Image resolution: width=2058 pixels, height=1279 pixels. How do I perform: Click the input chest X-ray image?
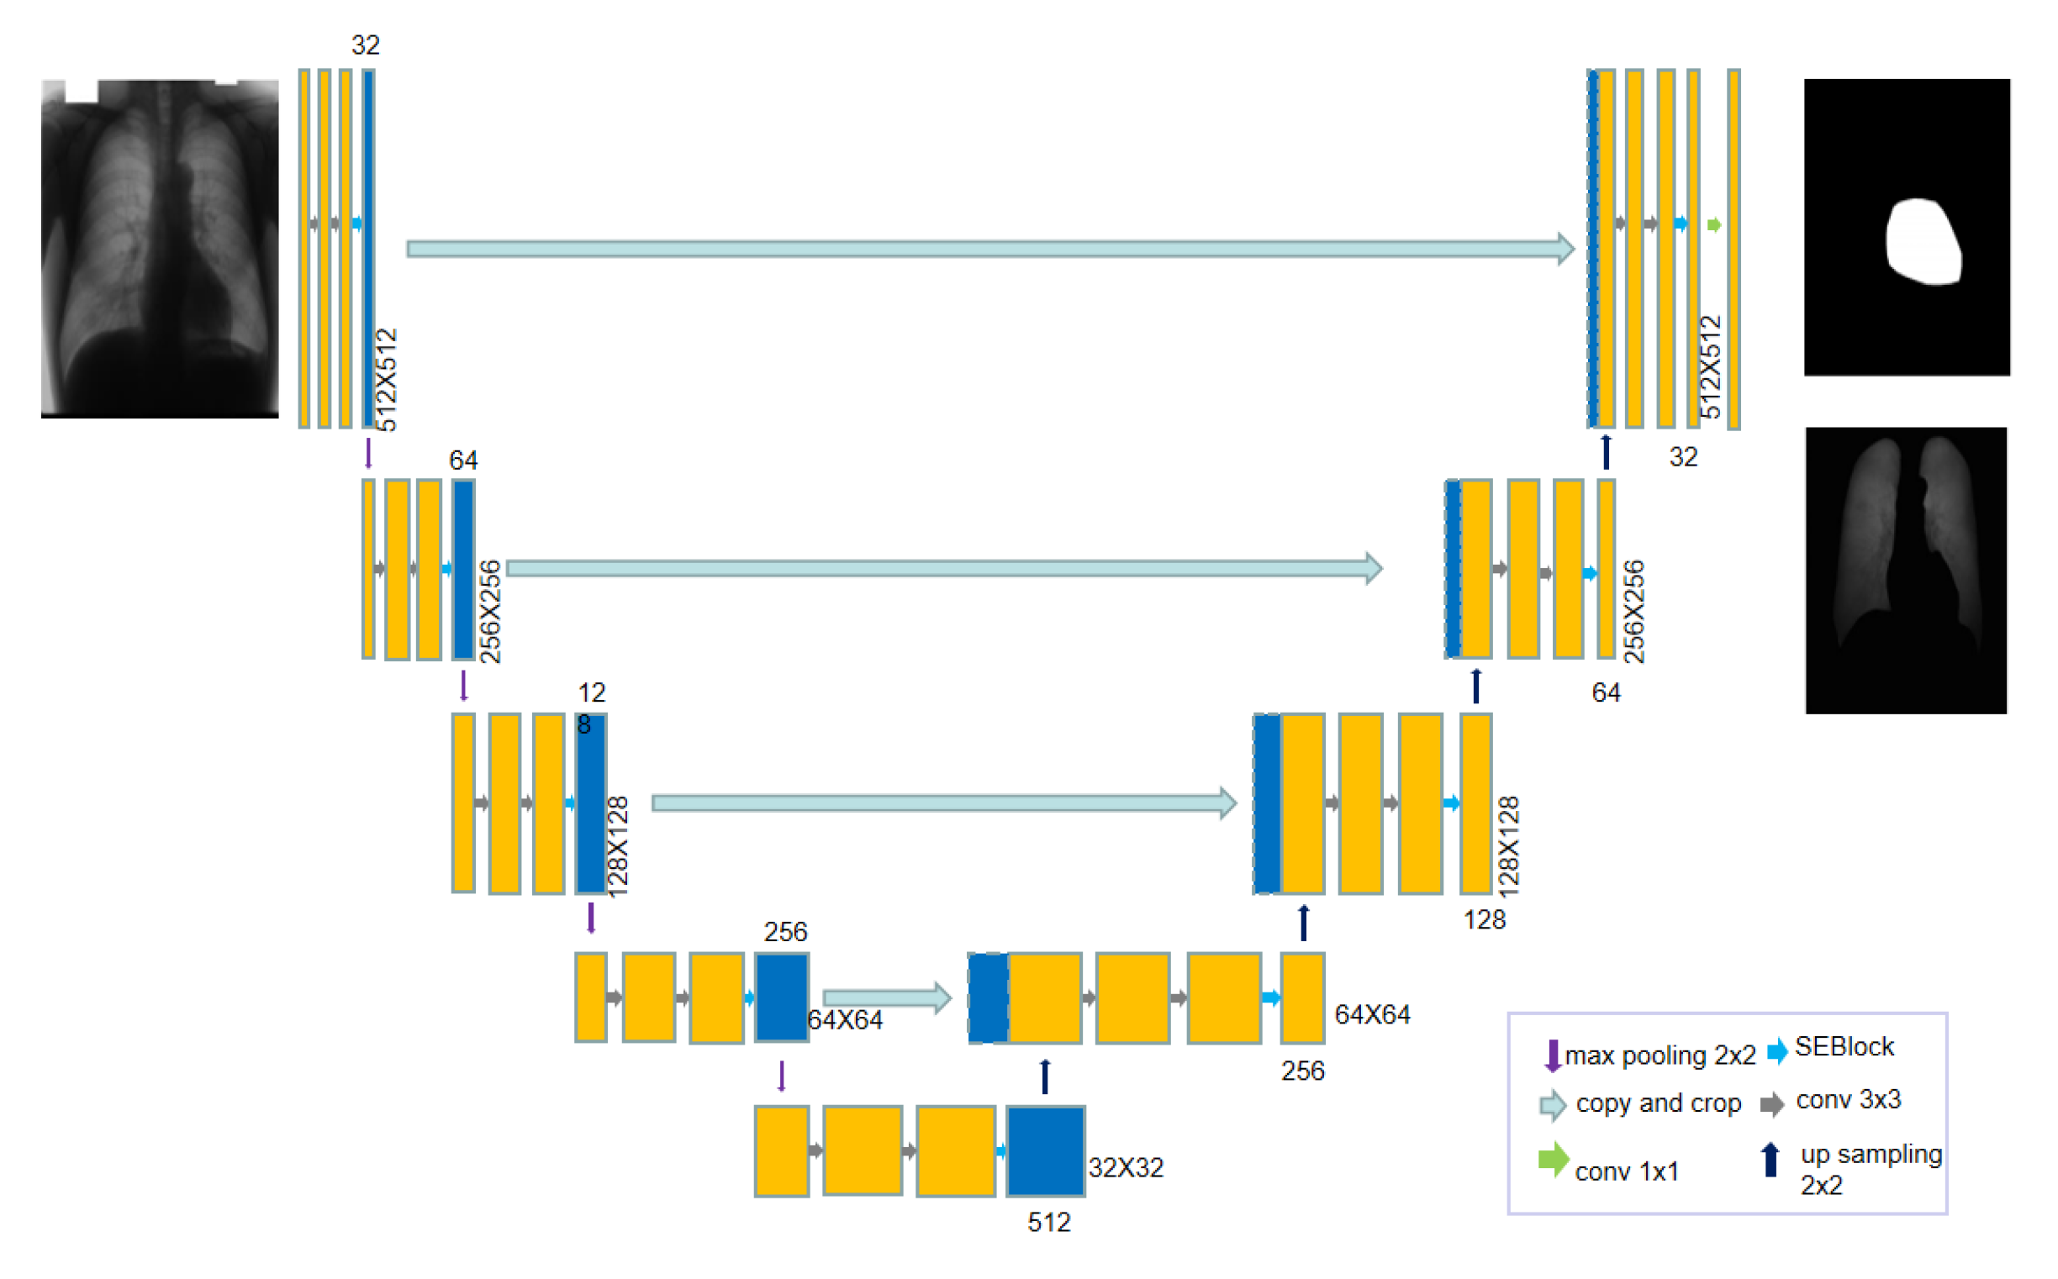pyautogui.click(x=160, y=248)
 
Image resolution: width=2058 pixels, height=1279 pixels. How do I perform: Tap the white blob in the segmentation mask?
pyautogui.click(x=1923, y=242)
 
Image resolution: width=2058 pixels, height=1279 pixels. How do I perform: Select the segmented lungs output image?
pyautogui.click(x=1905, y=570)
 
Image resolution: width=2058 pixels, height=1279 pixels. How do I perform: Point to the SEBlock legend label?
pyautogui.click(x=1844, y=1046)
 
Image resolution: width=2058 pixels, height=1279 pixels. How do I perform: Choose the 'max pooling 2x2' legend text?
pyautogui.click(x=1660, y=1055)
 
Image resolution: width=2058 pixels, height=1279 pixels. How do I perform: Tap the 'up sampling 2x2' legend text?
pyautogui.click(x=1871, y=1168)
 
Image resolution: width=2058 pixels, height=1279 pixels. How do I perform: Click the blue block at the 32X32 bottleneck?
pyautogui.click(x=1045, y=1150)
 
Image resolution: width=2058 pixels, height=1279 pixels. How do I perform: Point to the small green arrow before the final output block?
pyautogui.click(x=1713, y=224)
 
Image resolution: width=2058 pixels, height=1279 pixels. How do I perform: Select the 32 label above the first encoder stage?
pyautogui.click(x=366, y=45)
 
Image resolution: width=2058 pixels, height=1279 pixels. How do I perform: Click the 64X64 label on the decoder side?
pyautogui.click(x=1372, y=1014)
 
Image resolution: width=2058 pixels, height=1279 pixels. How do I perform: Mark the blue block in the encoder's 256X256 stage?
pyautogui.click(x=463, y=569)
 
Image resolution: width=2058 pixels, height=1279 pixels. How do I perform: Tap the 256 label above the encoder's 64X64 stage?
pyautogui.click(x=785, y=931)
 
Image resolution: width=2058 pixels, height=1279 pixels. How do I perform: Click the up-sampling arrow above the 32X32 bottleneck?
pyautogui.click(x=1045, y=1076)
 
